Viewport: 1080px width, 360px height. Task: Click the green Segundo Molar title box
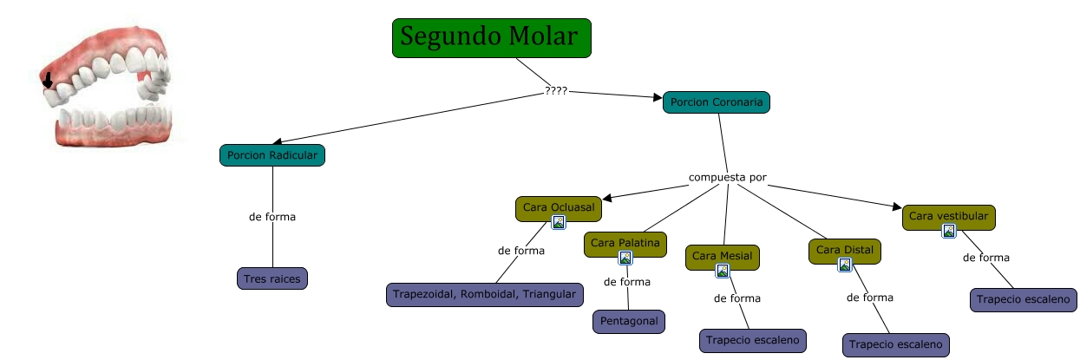(491, 38)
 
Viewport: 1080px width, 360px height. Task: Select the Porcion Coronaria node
(716, 102)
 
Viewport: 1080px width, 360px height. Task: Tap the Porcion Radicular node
(272, 155)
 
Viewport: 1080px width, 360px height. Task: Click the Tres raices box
(272, 278)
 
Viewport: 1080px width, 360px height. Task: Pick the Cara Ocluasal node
(558, 207)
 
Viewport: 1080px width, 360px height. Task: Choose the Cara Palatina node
(625, 243)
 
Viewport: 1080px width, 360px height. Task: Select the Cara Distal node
(844, 252)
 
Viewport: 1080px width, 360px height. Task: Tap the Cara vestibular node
(948, 215)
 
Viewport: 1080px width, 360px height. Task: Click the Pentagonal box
(628, 321)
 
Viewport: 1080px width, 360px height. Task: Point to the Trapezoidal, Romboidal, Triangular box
(483, 295)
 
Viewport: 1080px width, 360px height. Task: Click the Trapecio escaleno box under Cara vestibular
(1024, 299)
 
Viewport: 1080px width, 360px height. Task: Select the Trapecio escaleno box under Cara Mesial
(752, 340)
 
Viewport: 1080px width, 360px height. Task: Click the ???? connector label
(556, 90)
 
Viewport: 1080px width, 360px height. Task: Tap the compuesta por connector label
(727, 178)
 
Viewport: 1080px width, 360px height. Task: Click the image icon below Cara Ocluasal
(559, 222)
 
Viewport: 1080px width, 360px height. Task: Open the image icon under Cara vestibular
(949, 231)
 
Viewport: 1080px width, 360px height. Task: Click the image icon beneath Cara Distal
(844, 265)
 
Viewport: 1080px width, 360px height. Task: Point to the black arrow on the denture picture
(48, 81)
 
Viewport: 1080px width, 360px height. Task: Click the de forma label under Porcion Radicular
(272, 216)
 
